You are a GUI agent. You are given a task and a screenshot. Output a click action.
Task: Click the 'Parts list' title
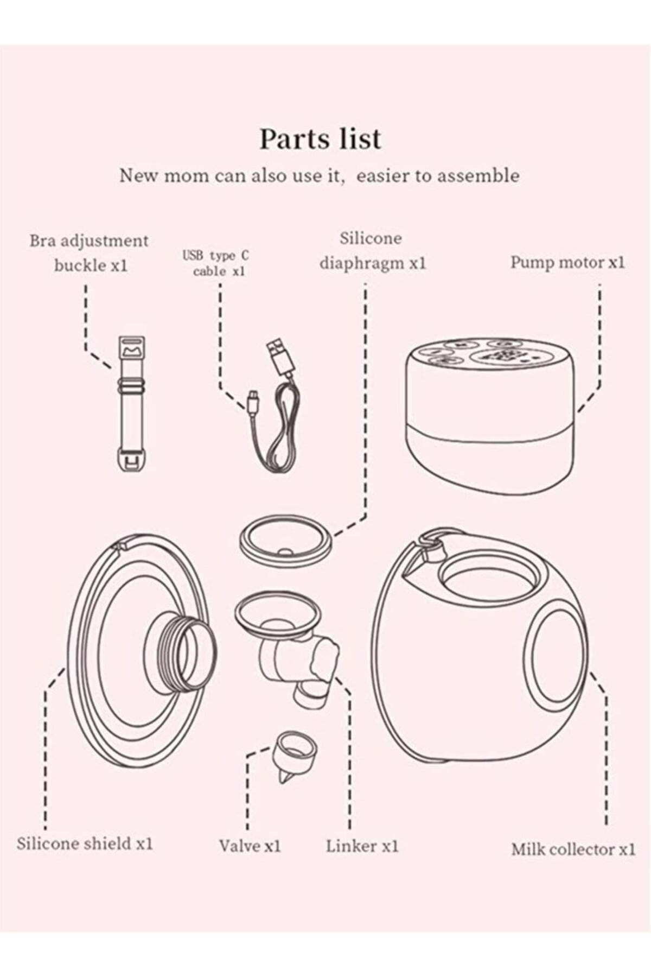(x=320, y=139)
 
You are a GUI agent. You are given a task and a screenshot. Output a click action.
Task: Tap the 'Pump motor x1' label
(x=567, y=262)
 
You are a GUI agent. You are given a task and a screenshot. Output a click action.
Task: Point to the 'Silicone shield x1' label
(x=85, y=843)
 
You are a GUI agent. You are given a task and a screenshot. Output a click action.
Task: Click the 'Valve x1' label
(x=250, y=846)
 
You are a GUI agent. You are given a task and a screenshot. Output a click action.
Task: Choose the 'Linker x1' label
(x=362, y=846)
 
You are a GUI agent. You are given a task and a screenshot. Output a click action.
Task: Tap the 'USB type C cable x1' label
(x=216, y=263)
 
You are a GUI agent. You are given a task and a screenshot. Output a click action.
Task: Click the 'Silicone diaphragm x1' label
(x=373, y=251)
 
